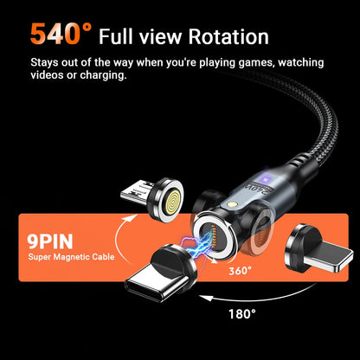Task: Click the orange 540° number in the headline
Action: point(61,34)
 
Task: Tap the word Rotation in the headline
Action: point(228,36)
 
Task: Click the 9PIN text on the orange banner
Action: point(50,241)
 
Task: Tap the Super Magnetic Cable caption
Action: point(71,257)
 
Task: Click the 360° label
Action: point(241,271)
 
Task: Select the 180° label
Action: point(242,313)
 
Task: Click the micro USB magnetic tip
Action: point(152,199)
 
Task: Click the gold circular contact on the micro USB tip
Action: point(173,201)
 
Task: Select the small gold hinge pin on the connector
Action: point(231,204)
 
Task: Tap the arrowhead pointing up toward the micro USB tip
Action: point(132,218)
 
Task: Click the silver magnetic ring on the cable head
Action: point(214,236)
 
